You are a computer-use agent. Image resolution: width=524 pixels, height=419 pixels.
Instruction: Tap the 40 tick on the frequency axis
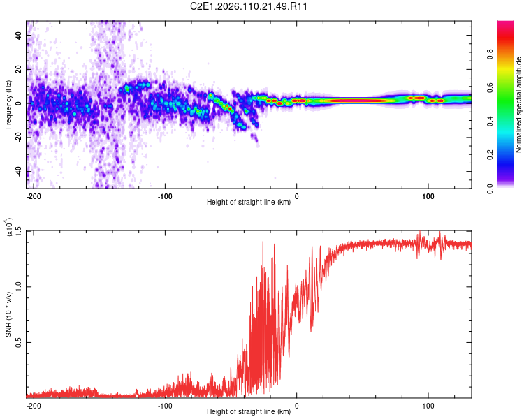tap(20, 35)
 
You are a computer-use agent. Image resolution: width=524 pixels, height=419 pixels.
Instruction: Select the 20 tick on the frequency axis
tap(20, 69)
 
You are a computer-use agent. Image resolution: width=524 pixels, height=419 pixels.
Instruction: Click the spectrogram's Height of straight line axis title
tap(249, 203)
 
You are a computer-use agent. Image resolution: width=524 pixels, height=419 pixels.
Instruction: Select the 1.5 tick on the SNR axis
tap(19, 231)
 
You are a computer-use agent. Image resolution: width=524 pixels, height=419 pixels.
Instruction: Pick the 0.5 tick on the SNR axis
tap(19, 342)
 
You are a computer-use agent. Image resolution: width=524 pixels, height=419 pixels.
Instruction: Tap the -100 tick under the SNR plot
tap(165, 405)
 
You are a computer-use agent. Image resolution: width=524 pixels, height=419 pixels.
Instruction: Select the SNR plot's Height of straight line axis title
tap(249, 412)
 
